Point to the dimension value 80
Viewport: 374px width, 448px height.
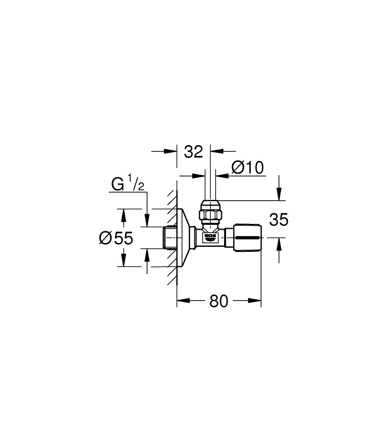click(218, 301)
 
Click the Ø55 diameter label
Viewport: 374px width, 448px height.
click(116, 238)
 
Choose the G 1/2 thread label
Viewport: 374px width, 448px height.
click(128, 184)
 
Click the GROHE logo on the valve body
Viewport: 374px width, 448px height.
click(210, 236)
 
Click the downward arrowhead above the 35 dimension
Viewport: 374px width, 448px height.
click(279, 196)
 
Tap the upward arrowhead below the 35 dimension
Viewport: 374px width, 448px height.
click(279, 242)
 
